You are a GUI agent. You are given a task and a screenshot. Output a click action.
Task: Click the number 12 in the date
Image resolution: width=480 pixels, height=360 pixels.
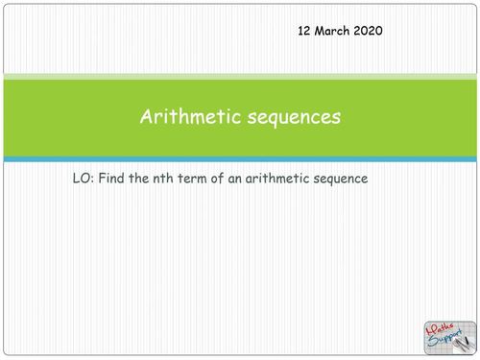pyautogui.click(x=306, y=31)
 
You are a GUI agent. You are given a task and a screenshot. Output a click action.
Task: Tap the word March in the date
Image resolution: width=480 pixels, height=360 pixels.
pyautogui.click(x=336, y=31)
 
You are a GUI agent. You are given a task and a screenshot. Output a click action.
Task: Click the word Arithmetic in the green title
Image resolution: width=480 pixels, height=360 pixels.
pyautogui.click(x=186, y=118)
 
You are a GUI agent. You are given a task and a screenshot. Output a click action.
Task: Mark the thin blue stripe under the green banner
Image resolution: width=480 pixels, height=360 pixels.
pyautogui.click(x=240, y=159)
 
